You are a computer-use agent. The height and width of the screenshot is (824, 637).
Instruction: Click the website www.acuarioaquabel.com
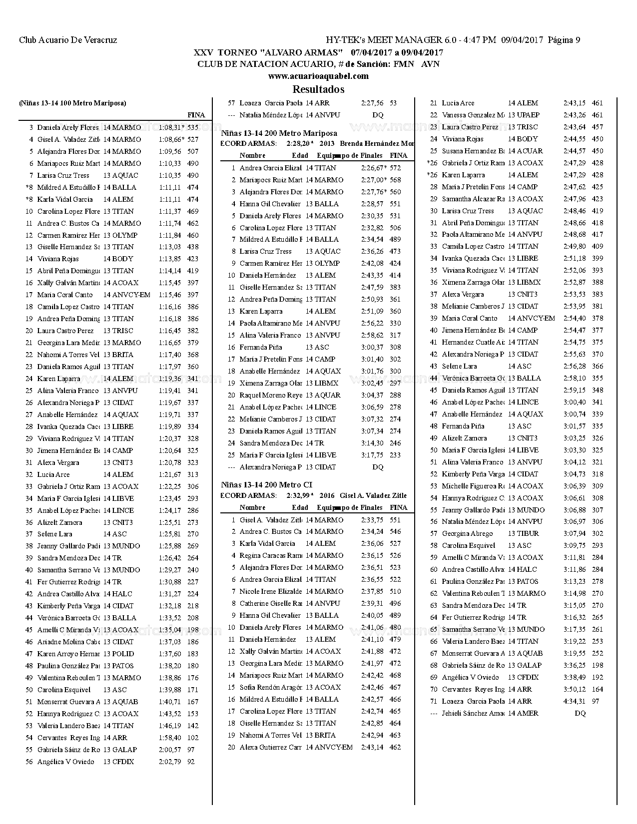pyautogui.click(x=318, y=76)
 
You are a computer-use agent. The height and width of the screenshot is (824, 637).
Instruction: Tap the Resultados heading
pyautogui.click(x=318, y=90)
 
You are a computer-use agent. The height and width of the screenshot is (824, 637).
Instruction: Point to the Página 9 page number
pyautogui.click(x=564, y=40)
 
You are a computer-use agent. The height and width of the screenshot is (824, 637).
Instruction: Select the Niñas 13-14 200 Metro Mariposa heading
pyautogui.click(x=279, y=133)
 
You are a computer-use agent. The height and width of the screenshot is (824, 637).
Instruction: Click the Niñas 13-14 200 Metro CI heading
pyautogui.click(x=267, y=485)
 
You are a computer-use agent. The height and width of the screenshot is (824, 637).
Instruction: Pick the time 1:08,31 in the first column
pyautogui.click(x=170, y=128)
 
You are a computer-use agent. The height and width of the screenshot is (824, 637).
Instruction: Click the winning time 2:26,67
pyautogui.click(x=372, y=168)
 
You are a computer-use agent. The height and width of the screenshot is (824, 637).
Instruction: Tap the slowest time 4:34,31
pyautogui.click(x=574, y=702)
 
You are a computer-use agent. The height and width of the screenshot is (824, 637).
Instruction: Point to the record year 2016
pyautogui.click(x=327, y=496)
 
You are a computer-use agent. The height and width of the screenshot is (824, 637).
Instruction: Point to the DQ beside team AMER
pyautogui.click(x=580, y=714)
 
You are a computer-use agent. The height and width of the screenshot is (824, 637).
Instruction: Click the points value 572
pyautogui.click(x=395, y=168)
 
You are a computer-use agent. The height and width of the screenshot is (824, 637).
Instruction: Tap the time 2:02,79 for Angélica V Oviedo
pyautogui.click(x=170, y=762)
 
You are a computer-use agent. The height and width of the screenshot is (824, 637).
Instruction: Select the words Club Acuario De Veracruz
pyautogui.click(x=68, y=40)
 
